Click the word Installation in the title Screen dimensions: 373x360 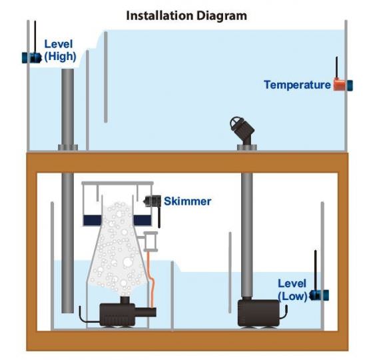click(160, 16)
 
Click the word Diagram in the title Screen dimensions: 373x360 click(222, 17)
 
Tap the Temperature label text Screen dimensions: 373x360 click(297, 85)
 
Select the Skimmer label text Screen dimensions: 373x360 click(187, 201)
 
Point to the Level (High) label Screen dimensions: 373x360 click(60, 50)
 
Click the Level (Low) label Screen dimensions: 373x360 click(292, 290)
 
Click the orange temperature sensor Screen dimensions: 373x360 click(339, 85)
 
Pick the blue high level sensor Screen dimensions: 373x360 click(32, 57)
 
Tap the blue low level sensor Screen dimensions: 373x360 click(319, 295)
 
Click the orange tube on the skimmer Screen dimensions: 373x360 click(151, 279)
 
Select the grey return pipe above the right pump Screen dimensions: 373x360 click(247, 235)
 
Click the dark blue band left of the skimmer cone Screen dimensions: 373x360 click(93, 220)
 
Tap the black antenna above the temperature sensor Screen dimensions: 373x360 click(336, 67)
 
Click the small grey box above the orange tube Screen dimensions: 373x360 click(151, 241)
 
